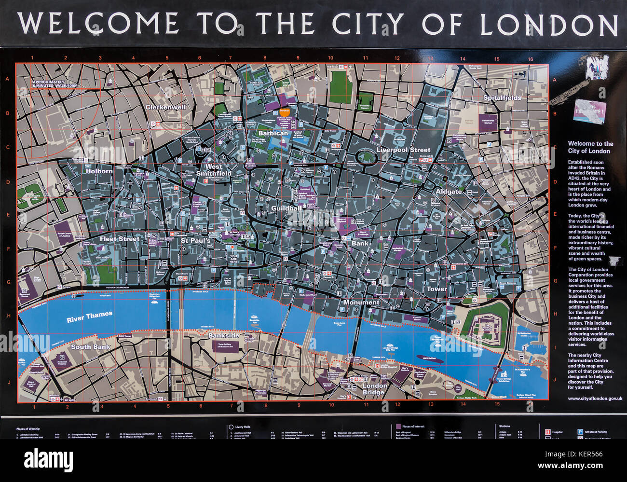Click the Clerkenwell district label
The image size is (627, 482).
point(165,107)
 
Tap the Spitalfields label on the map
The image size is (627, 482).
point(502,97)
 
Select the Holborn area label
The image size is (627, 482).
point(99,171)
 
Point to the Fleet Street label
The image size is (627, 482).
point(119,239)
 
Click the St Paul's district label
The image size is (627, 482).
point(195,240)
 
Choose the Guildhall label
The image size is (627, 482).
point(286,208)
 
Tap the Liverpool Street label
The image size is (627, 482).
point(403,150)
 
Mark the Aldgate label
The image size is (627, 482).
point(449,192)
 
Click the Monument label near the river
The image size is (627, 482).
point(361,303)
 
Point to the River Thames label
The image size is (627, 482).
point(90,317)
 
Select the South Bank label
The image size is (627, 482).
point(91,346)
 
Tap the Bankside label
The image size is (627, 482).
point(224,335)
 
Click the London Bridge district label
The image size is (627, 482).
point(374,389)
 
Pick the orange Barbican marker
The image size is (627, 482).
point(285,111)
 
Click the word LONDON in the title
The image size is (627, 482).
point(548,24)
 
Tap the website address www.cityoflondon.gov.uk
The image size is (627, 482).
point(595,399)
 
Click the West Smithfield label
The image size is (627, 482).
point(214,170)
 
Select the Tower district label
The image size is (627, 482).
point(436,289)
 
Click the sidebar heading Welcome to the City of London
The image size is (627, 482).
point(590,147)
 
